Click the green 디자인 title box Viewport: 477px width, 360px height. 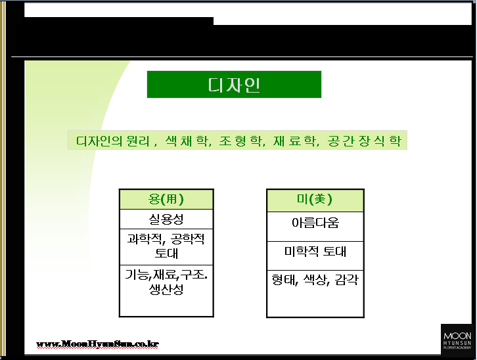click(x=234, y=85)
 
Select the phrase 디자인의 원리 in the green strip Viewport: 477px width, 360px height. click(x=113, y=141)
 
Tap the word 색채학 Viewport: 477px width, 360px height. click(x=188, y=141)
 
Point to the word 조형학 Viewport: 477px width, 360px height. click(x=242, y=141)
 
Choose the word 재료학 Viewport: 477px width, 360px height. click(x=296, y=141)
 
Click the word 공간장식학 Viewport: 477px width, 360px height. click(x=365, y=141)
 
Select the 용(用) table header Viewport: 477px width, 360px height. click(x=166, y=199)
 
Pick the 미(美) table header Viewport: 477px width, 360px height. click(x=315, y=200)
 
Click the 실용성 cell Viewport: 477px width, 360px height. click(x=166, y=219)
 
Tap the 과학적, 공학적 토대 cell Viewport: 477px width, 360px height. click(x=166, y=247)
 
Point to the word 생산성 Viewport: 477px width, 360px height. click(x=166, y=290)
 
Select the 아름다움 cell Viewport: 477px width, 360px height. click(x=315, y=227)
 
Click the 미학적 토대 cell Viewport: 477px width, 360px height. click(x=315, y=256)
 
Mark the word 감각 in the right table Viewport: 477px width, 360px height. click(x=347, y=280)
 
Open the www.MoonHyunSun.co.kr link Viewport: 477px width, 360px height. click(x=97, y=344)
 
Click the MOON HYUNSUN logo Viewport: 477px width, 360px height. click(x=457, y=340)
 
